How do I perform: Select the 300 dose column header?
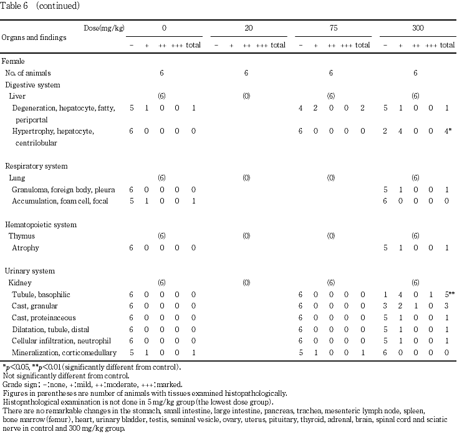click(415, 29)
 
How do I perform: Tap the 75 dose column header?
click(330, 29)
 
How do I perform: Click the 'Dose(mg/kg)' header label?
click(103, 28)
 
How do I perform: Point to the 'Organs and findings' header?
click(34, 37)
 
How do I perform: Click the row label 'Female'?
click(14, 61)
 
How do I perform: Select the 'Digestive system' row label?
click(32, 84)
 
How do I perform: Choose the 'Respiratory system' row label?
click(36, 166)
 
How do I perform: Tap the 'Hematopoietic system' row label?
click(41, 224)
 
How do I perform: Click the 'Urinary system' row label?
click(30, 271)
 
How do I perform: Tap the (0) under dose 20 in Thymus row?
click(246, 236)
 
